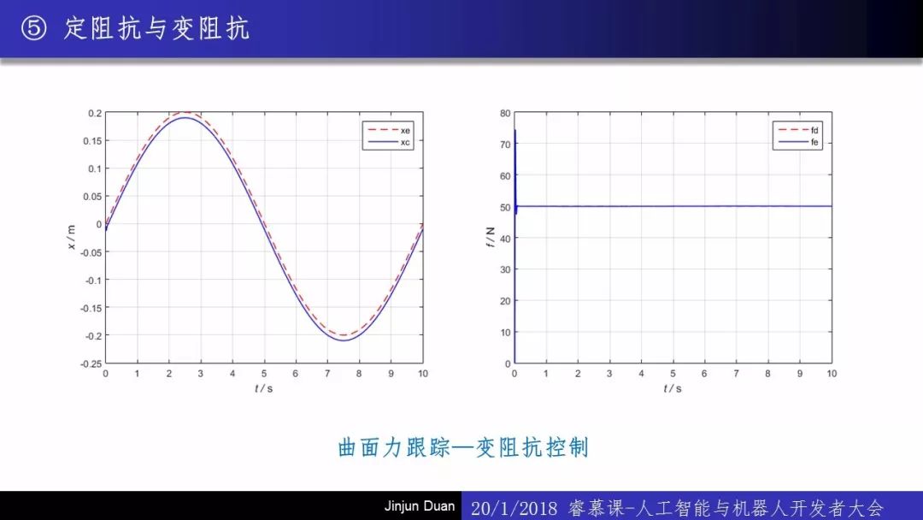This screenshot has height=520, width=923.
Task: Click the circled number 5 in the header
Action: click(x=33, y=27)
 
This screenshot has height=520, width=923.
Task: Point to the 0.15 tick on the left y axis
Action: click(x=91, y=141)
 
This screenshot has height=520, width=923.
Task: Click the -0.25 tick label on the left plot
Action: click(x=91, y=364)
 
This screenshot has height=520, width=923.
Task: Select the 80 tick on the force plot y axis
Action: click(x=505, y=113)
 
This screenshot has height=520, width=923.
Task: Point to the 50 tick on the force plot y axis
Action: click(x=505, y=207)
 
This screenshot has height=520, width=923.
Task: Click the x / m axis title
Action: click(x=72, y=237)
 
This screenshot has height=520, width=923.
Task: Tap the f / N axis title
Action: click(x=491, y=237)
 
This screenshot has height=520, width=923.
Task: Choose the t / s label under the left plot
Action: click(x=264, y=388)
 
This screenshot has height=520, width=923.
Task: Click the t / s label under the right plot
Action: click(x=673, y=388)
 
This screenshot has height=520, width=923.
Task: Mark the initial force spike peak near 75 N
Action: click(x=515, y=130)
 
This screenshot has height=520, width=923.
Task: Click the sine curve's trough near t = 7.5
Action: click(x=344, y=340)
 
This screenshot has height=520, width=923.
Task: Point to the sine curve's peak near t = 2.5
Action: click(x=185, y=118)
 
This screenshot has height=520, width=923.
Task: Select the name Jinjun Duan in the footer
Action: click(x=420, y=505)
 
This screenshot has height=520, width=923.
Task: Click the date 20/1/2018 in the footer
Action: click(x=514, y=508)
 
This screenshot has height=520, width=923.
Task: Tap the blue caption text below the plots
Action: click(x=463, y=447)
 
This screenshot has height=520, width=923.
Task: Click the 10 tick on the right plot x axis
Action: click(x=832, y=374)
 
